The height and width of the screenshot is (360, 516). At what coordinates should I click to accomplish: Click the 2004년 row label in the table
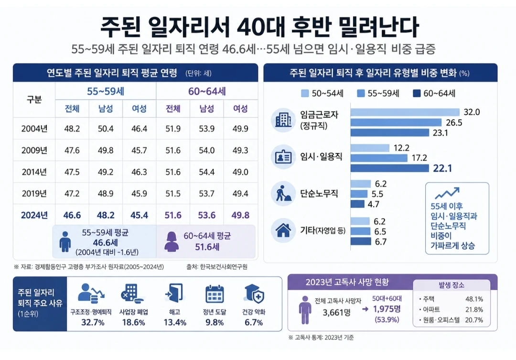coord(34,129)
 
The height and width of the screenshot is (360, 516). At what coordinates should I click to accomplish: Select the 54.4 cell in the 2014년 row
coord(207,172)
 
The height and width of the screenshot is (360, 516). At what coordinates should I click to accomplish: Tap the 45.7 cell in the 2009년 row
coord(139,150)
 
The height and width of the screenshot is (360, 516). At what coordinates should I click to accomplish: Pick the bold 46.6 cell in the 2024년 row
coord(72,215)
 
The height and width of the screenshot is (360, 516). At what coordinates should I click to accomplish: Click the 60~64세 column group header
coord(207,91)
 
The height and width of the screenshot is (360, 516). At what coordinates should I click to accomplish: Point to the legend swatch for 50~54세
coord(305,94)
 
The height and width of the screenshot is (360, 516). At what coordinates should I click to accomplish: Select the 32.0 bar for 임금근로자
coord(405,112)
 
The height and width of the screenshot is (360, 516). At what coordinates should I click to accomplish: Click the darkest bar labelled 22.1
coord(390,168)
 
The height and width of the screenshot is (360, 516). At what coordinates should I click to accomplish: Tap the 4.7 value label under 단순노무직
coord(374,204)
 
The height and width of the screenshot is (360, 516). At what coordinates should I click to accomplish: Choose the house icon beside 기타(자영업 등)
coord(283,230)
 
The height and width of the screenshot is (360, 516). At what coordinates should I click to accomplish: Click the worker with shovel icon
coord(283,193)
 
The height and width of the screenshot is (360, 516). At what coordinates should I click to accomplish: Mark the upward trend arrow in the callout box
coord(447,193)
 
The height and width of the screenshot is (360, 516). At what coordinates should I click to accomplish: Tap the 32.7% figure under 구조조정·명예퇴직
coord(93,322)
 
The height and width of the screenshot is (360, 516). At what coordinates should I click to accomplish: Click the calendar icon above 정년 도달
coord(215,294)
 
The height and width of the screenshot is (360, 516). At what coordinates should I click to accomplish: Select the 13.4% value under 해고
coord(175,322)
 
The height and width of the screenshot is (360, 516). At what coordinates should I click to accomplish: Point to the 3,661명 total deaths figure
coord(336,312)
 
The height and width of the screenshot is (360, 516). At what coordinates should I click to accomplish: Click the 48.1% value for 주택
coord(474,299)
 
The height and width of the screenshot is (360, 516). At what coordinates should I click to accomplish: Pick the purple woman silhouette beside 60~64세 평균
coord(172,241)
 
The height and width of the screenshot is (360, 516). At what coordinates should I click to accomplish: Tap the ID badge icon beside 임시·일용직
coord(283,157)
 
